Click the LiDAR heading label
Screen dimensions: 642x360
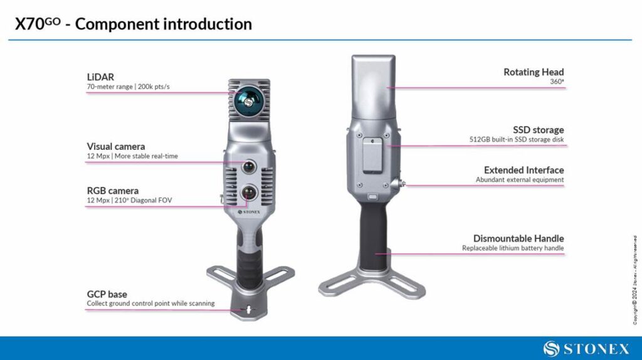[x=100, y=77]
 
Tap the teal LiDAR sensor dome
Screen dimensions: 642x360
[x=250, y=100]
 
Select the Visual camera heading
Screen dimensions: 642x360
[x=116, y=147]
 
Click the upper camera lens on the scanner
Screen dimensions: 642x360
[x=249, y=167]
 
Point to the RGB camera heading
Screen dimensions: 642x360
[x=113, y=191]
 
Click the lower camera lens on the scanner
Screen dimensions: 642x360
[x=249, y=192]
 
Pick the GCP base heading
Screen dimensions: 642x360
[x=107, y=294]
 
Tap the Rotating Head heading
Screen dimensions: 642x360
[x=534, y=72]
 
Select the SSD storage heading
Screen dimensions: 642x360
[x=539, y=130]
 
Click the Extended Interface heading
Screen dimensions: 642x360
[x=524, y=170]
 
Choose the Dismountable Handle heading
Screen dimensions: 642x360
[x=518, y=238]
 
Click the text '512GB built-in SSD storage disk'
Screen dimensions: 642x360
[x=517, y=140]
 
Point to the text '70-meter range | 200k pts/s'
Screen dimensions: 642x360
[x=128, y=87]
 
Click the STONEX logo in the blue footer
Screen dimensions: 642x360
[x=586, y=349]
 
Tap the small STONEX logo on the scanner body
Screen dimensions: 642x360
[x=249, y=212]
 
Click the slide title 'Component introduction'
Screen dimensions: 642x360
[x=164, y=24]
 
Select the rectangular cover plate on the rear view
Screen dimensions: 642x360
[x=372, y=155]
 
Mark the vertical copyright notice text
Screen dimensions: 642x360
[x=634, y=280]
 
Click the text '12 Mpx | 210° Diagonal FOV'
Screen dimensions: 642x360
[x=129, y=201]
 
